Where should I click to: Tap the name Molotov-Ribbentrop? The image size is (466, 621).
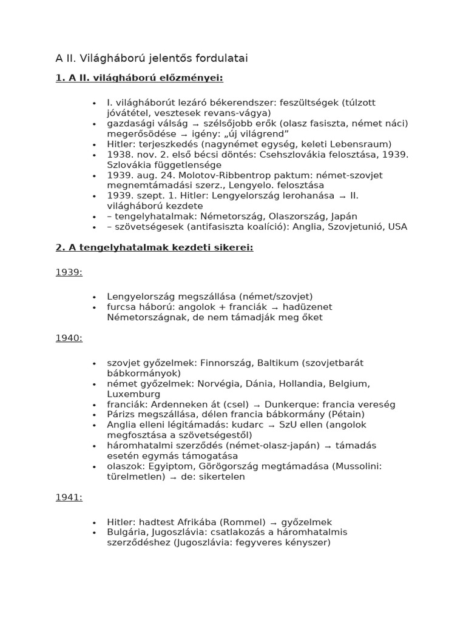218,175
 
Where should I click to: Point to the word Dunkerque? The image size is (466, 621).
290,404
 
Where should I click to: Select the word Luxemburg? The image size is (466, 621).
133,394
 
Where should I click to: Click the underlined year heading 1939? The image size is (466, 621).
69,273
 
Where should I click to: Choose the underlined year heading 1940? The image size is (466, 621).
69,338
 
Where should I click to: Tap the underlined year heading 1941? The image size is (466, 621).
69,497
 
